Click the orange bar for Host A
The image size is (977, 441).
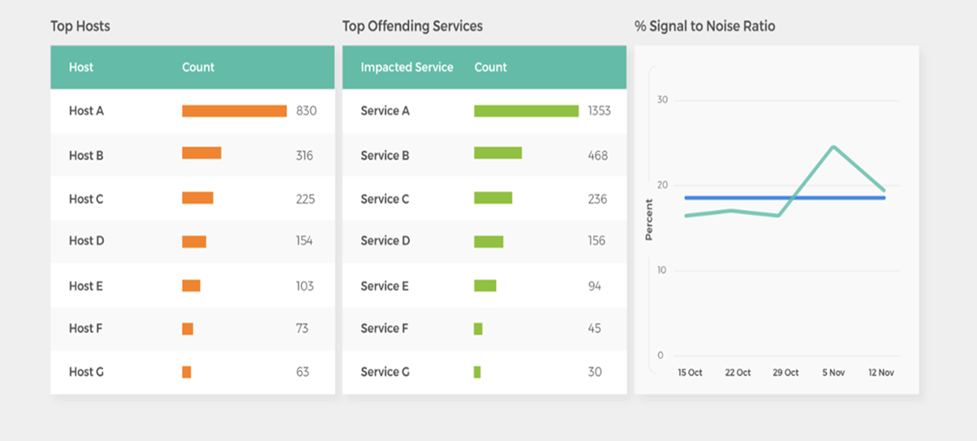tap(234, 111)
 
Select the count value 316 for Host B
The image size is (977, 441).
tap(304, 156)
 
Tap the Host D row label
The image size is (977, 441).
tap(86, 241)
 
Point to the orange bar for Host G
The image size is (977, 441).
tap(187, 372)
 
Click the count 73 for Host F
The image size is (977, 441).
tap(303, 328)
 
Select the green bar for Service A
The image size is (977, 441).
tap(526, 111)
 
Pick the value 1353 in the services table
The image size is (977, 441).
tap(599, 111)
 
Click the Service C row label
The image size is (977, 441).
tap(385, 199)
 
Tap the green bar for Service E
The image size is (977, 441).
tap(484, 286)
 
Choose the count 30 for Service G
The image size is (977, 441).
tap(595, 372)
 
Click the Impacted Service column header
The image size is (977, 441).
tap(407, 67)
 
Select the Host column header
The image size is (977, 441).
tap(81, 67)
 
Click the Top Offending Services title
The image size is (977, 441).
tap(412, 26)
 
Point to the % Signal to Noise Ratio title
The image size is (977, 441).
tap(704, 26)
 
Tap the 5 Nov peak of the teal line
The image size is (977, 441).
tap(833, 147)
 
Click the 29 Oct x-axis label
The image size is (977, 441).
tap(785, 373)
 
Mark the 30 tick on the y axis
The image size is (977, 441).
tap(662, 101)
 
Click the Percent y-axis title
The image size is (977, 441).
tap(648, 220)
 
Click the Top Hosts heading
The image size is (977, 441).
tap(80, 26)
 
